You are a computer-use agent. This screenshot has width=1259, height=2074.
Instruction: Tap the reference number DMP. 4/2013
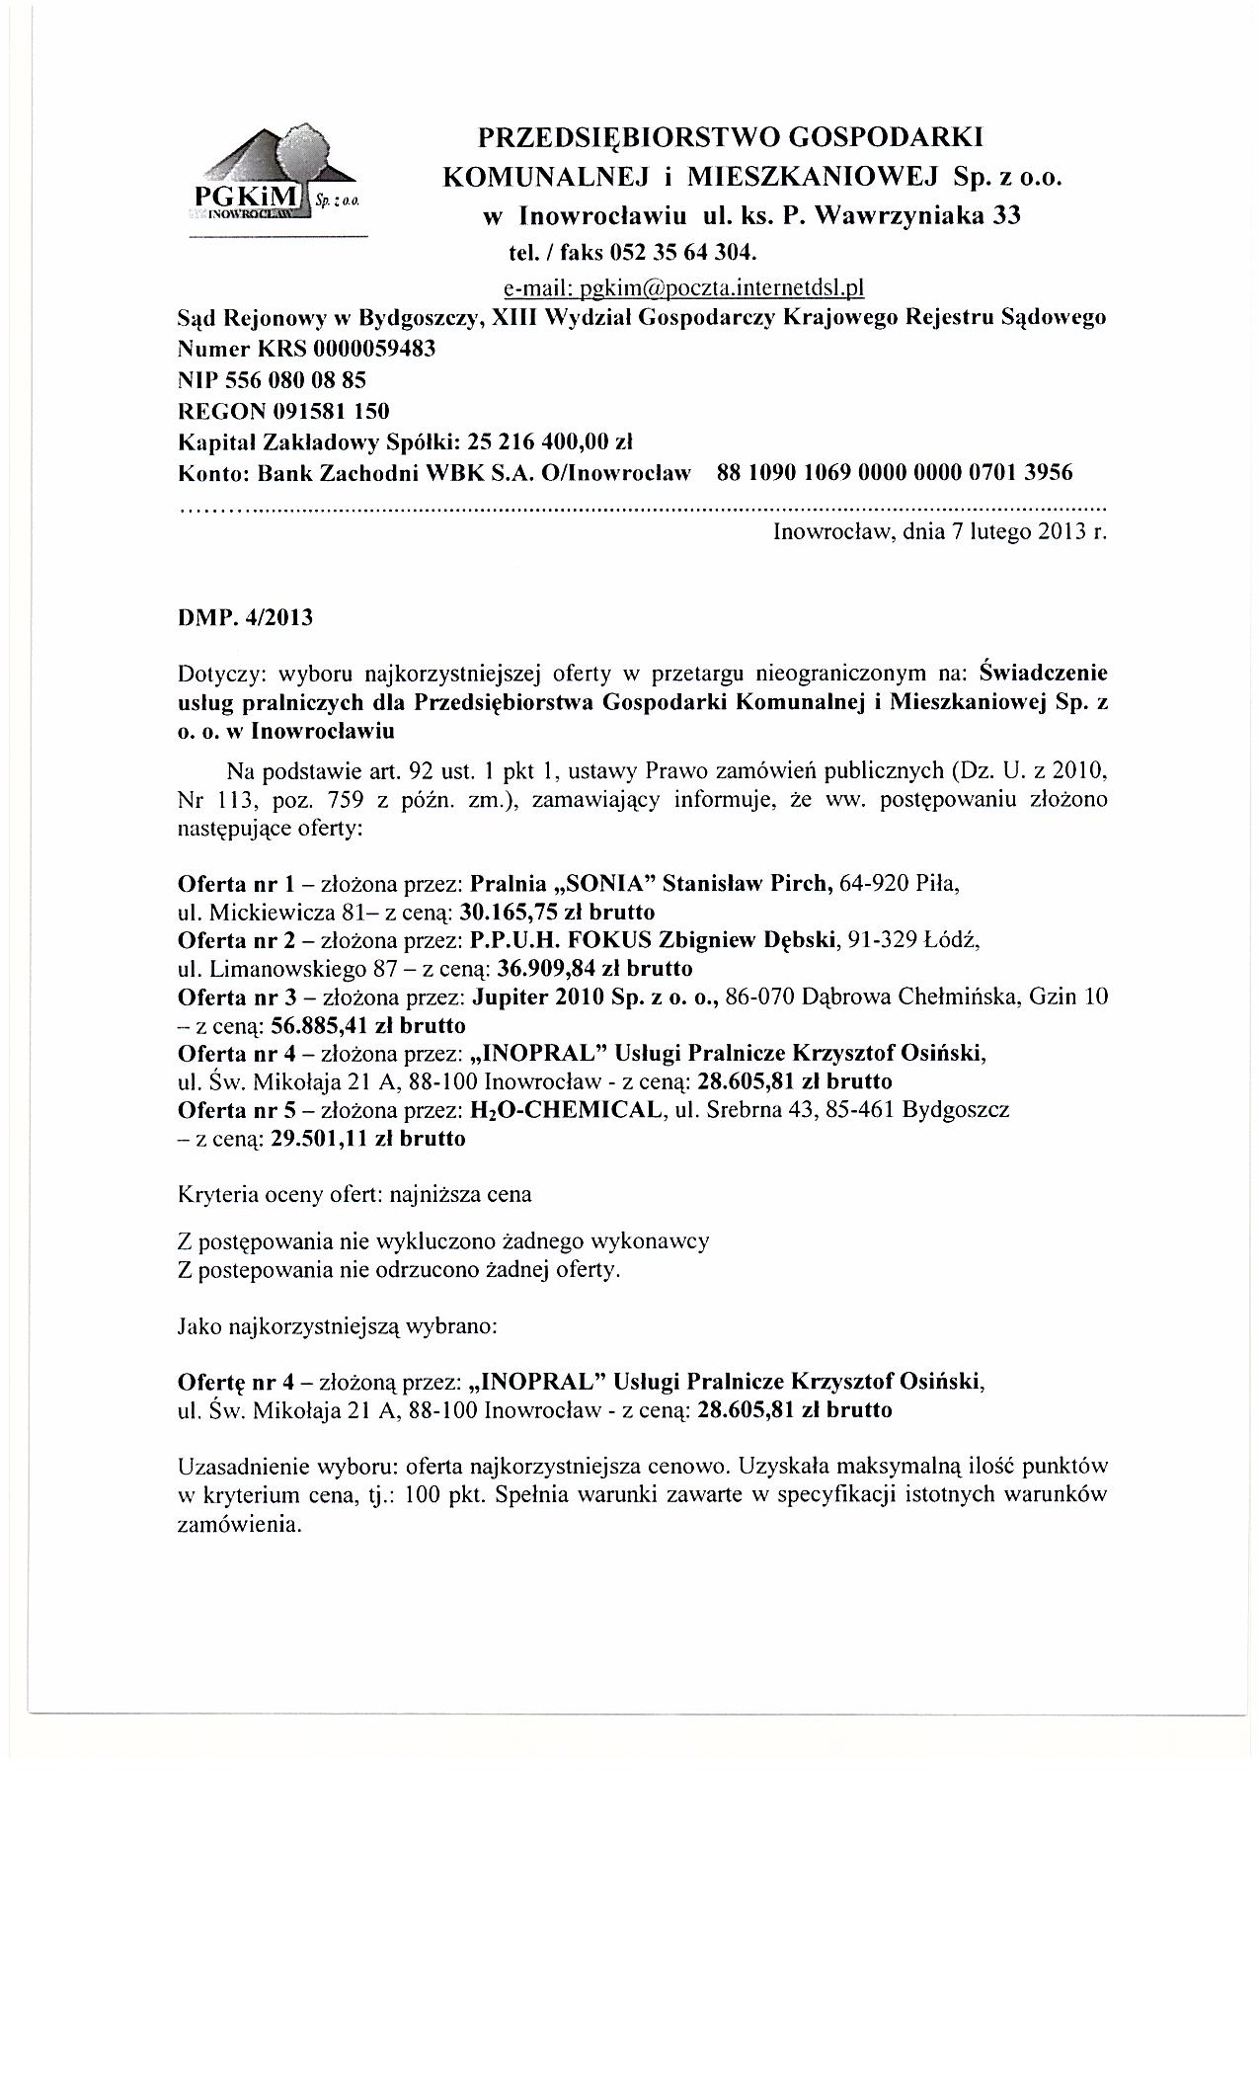(x=245, y=618)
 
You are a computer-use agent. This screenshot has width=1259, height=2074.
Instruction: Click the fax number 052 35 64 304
(x=676, y=252)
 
